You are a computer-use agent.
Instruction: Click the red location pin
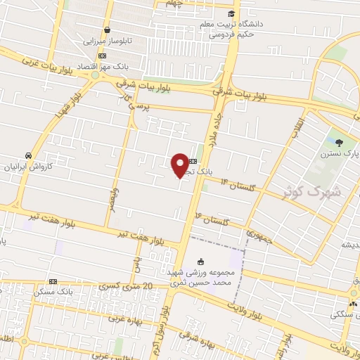(x=180, y=164)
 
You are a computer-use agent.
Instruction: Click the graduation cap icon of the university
(x=231, y=13)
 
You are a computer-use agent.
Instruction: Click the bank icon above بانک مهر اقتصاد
(x=103, y=56)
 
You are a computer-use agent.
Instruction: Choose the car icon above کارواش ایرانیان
(x=27, y=155)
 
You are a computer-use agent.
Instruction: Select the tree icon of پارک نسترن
(x=340, y=143)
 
